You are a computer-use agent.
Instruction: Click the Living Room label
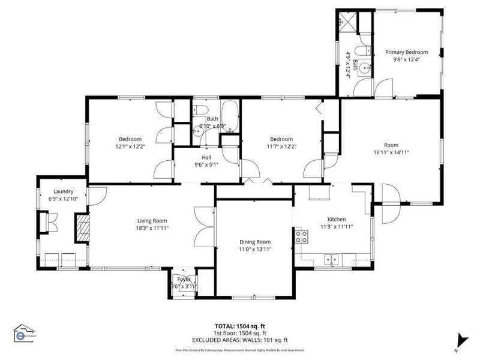(x=151, y=220)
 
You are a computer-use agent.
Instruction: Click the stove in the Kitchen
(x=301, y=237)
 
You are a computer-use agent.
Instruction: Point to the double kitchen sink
(x=331, y=260)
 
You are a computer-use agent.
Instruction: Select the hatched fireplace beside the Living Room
(x=82, y=229)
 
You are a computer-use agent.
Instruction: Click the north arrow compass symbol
(x=461, y=340)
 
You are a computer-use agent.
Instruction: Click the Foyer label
(x=183, y=279)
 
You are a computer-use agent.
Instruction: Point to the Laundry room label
(x=63, y=191)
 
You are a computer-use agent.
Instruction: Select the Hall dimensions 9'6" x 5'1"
(x=206, y=164)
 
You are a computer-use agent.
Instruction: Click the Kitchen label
(x=336, y=219)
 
